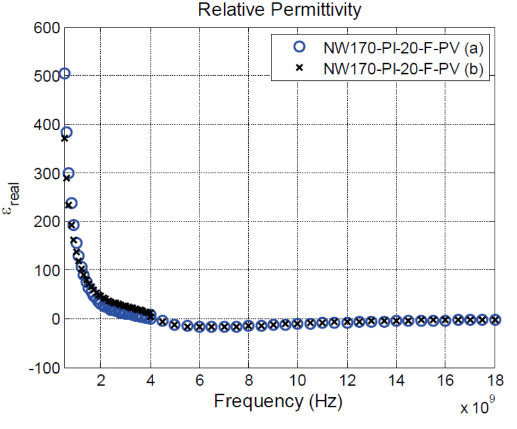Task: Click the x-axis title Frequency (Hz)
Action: click(x=278, y=401)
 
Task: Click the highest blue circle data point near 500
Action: click(x=65, y=74)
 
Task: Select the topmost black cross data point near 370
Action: click(x=65, y=138)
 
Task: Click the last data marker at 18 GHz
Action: click(x=495, y=319)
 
